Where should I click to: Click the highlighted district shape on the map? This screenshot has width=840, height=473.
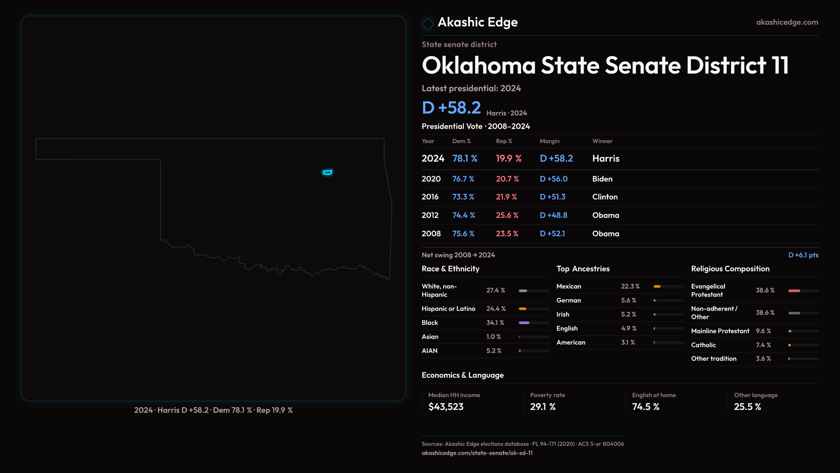[327, 173]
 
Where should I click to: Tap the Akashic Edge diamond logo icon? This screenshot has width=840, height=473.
[427, 24]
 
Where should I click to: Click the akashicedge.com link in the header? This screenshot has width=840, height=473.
[787, 22]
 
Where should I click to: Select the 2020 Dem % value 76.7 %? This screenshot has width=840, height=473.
[463, 179]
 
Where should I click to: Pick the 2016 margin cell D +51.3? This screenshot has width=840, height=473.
[553, 197]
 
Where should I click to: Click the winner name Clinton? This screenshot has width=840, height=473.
[605, 197]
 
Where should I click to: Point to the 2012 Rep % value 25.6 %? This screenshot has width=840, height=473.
[507, 215]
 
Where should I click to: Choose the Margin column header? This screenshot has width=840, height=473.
[549, 141]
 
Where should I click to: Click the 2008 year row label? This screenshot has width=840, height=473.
[431, 234]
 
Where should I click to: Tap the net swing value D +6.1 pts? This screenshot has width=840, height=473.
[803, 255]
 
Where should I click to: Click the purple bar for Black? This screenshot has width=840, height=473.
[524, 323]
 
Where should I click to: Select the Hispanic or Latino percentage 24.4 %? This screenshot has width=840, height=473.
[496, 309]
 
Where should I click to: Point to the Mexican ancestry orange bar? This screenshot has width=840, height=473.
[657, 286]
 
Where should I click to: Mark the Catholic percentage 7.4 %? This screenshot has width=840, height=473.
[763, 345]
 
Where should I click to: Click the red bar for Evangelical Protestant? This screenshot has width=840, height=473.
[794, 291]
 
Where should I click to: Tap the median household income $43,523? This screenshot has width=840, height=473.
[446, 407]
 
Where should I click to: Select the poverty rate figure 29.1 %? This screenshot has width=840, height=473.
[542, 407]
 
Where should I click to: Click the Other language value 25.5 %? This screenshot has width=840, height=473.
[747, 407]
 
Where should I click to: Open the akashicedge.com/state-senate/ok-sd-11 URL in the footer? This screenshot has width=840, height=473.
[477, 453]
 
